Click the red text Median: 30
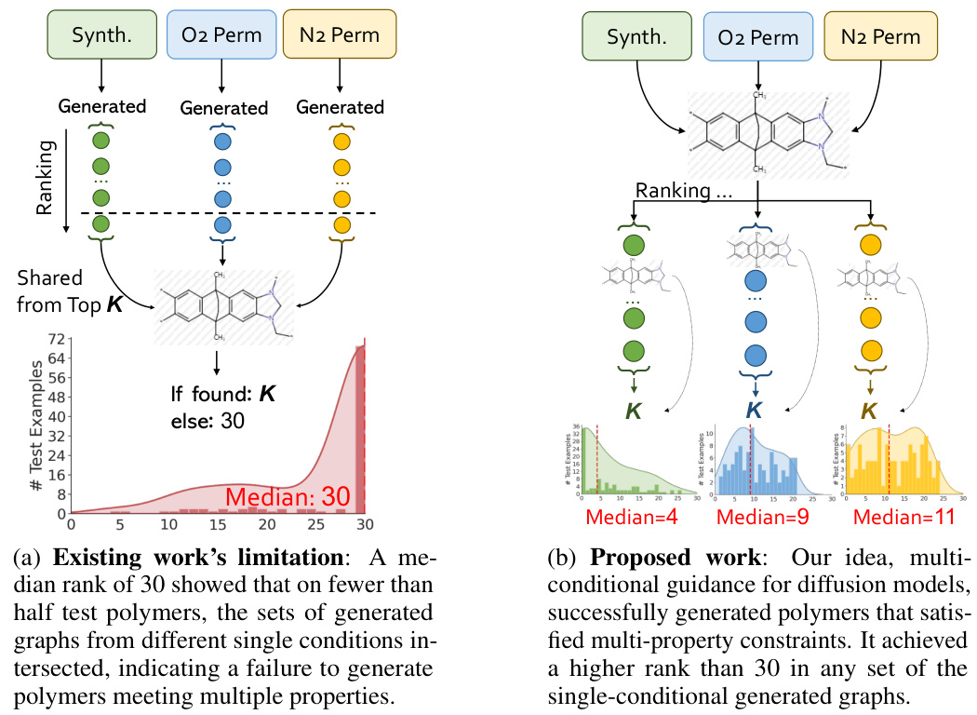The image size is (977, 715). tap(285, 497)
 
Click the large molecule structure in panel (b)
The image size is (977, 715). tap(769, 130)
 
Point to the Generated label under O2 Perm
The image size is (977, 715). tap(223, 108)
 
